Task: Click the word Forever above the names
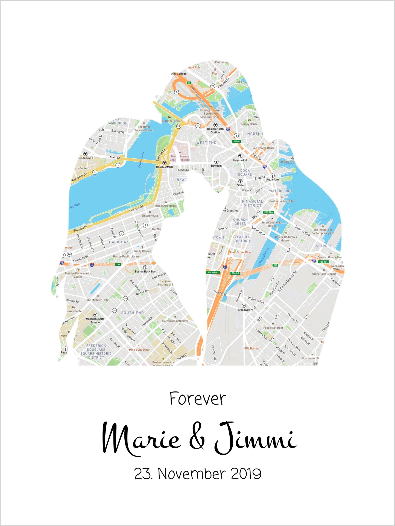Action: pos(198,399)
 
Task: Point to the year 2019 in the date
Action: pos(246,474)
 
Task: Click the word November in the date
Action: pos(192,474)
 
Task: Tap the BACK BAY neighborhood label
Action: pos(119,242)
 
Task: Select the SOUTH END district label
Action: pos(132,313)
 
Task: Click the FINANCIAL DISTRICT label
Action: pos(252,203)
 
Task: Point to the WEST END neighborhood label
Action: pos(206,143)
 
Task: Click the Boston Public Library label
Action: pos(126,257)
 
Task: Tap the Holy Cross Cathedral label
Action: pos(175,321)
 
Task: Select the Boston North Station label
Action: pos(215,130)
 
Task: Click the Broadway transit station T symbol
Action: pos(244,306)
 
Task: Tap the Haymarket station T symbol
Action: pos(240,156)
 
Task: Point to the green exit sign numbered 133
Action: pos(118,265)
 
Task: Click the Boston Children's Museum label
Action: pos(286,239)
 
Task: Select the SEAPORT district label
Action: pos(324,246)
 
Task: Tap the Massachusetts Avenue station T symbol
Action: pos(95,315)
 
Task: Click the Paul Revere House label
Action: pos(263,148)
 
